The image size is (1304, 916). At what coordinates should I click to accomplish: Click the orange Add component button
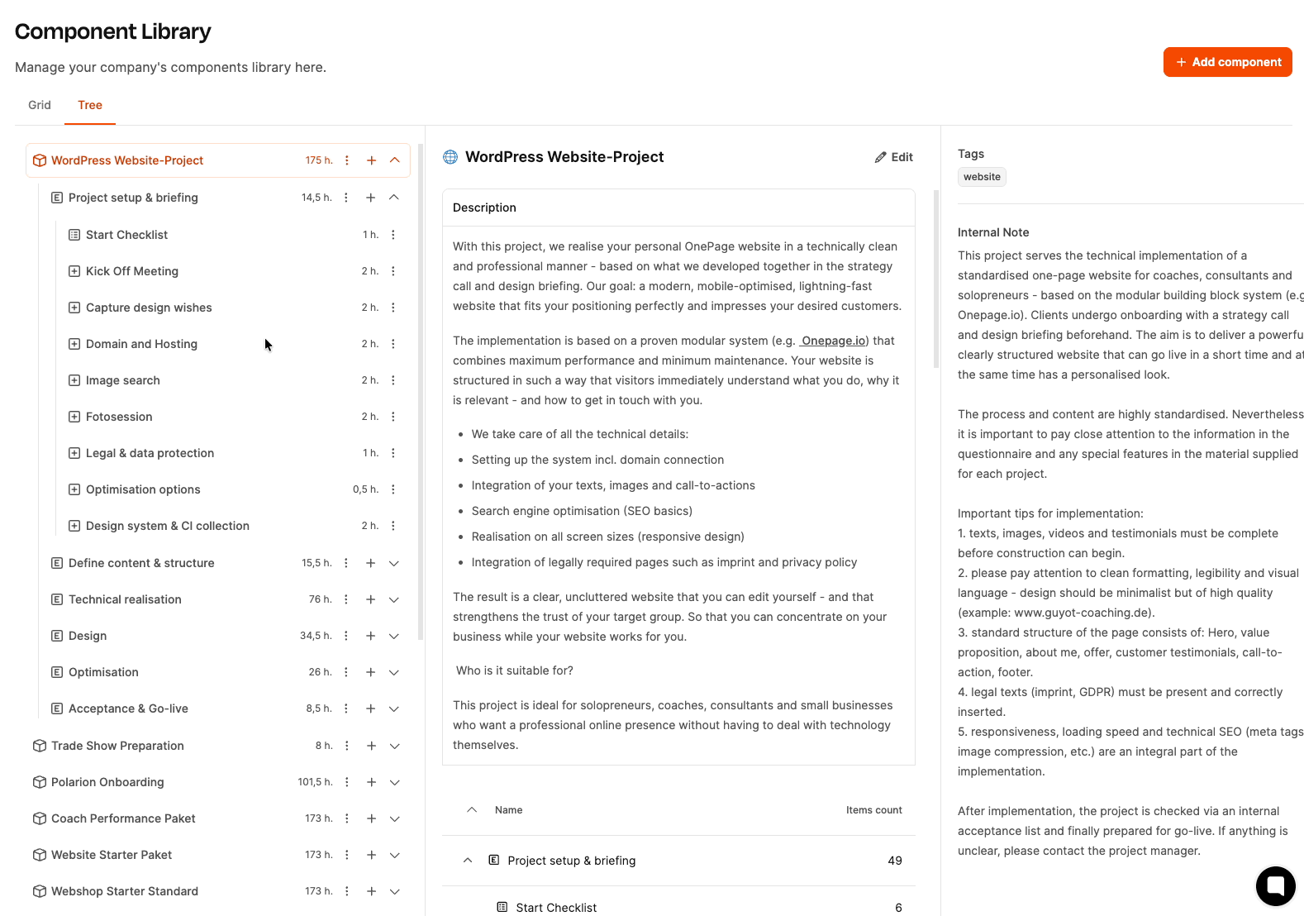1227,62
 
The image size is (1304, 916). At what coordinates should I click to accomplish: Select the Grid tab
40,105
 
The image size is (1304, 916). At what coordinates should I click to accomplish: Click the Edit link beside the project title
894,157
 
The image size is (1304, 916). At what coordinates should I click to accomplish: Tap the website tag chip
982,177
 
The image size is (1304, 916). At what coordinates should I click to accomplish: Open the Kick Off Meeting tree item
132,271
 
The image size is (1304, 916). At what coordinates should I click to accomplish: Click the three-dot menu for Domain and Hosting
393,344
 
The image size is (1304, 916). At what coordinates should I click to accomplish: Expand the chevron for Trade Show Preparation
395,746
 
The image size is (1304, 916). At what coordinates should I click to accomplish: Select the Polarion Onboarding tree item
107,782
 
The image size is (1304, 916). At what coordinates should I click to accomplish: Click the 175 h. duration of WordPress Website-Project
319,160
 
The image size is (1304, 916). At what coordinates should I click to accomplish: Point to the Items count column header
873,810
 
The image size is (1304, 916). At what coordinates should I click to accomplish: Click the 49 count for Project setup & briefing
894,861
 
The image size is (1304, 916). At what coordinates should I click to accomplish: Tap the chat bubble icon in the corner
1275,886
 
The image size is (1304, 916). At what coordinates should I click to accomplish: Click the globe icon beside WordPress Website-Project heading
450,157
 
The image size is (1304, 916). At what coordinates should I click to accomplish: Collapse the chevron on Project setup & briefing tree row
394,198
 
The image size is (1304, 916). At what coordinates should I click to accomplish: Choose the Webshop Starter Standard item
125,891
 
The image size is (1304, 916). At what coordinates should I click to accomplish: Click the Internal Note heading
993,232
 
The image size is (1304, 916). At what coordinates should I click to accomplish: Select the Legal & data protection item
150,453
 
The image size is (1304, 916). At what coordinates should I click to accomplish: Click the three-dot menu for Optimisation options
393,489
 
